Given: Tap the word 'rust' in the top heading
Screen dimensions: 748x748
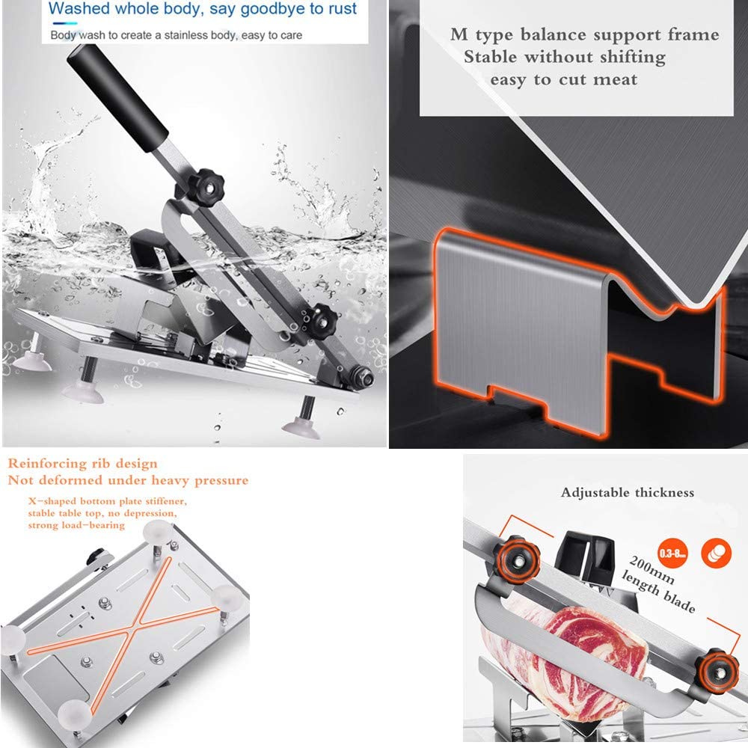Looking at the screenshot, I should click(341, 10).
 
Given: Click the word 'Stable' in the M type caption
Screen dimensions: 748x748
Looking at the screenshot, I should click(491, 57).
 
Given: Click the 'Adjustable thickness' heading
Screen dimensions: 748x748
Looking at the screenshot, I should click(628, 492).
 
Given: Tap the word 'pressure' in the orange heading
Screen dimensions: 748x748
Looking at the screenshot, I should click(217, 480).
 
